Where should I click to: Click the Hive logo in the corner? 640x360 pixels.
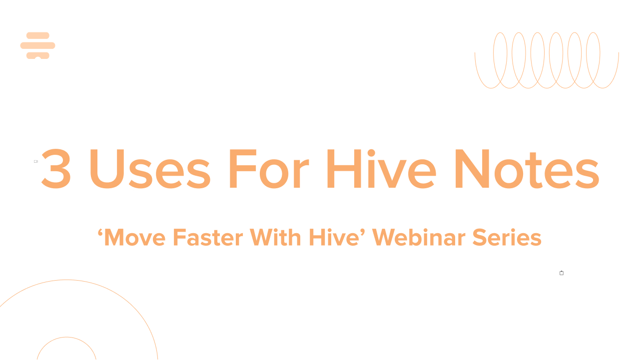click(37, 45)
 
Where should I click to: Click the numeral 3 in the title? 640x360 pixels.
click(56, 169)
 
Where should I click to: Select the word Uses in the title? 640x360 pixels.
click(150, 169)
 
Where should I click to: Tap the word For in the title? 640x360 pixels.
click(269, 169)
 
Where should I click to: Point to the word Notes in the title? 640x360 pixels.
click(527, 169)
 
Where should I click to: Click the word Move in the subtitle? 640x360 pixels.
click(135, 237)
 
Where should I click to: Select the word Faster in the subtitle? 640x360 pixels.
click(208, 237)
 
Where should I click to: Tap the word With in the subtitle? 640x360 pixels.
click(275, 237)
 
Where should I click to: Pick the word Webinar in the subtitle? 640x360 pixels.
click(419, 237)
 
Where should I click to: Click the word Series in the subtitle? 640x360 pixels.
click(507, 237)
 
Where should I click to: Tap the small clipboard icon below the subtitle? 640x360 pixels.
click(562, 273)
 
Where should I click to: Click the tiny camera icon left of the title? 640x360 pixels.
click(36, 161)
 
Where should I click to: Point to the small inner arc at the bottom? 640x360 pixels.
click(66, 337)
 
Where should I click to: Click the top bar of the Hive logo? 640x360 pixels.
click(37, 35)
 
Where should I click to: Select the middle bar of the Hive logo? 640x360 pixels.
click(37, 45)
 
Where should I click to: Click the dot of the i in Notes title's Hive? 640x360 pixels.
click(371, 153)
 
